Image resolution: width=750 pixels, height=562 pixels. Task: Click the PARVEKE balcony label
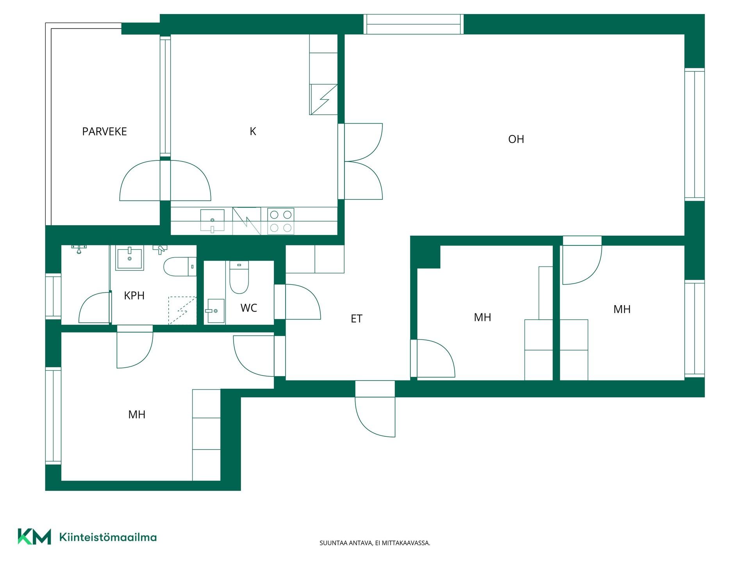click(104, 132)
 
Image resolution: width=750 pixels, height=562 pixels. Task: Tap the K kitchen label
click(253, 132)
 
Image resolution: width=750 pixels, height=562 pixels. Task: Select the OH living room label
click(516, 139)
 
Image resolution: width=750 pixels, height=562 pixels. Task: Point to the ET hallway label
click(356, 319)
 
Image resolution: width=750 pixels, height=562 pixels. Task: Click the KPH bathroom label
click(134, 296)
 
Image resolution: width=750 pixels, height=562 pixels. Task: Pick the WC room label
click(249, 308)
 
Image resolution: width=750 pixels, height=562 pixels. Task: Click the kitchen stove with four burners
click(280, 221)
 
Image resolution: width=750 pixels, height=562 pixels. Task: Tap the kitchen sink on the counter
click(212, 221)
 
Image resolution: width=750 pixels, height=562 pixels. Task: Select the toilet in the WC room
click(239, 277)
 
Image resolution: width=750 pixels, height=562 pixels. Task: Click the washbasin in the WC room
click(216, 311)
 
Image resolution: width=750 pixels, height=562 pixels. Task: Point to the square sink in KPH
click(129, 257)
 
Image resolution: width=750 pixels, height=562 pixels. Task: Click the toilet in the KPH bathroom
click(180, 267)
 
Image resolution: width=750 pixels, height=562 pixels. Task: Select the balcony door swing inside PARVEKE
click(140, 181)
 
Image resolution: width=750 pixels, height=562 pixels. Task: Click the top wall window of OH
click(413, 24)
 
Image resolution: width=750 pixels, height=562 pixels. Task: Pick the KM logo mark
click(34, 537)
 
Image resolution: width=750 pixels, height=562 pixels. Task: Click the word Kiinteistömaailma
click(108, 537)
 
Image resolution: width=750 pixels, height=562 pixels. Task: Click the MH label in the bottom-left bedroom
click(137, 414)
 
